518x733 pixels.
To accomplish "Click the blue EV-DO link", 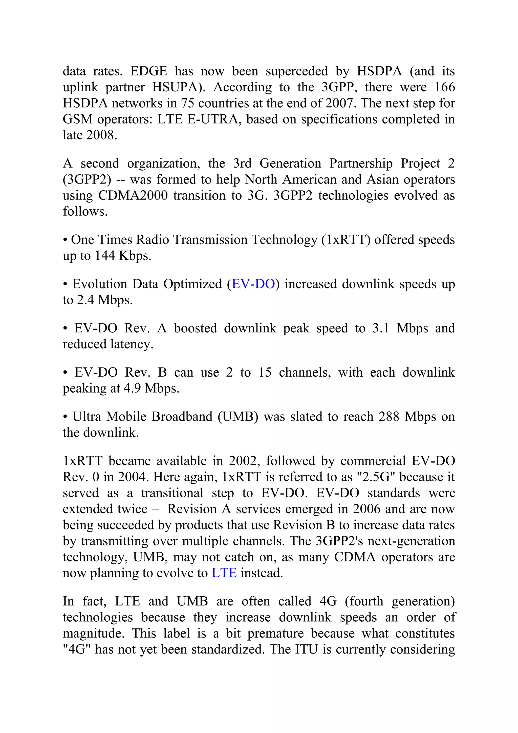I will click(253, 284).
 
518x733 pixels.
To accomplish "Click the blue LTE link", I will click(224, 573).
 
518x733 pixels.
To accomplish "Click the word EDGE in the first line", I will click(149, 71).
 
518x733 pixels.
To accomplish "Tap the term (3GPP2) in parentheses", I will click(87, 179).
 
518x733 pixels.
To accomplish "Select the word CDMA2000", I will click(133, 195).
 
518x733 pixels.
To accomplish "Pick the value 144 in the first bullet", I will click(105, 256).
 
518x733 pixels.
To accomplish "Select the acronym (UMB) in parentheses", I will click(238, 417).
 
